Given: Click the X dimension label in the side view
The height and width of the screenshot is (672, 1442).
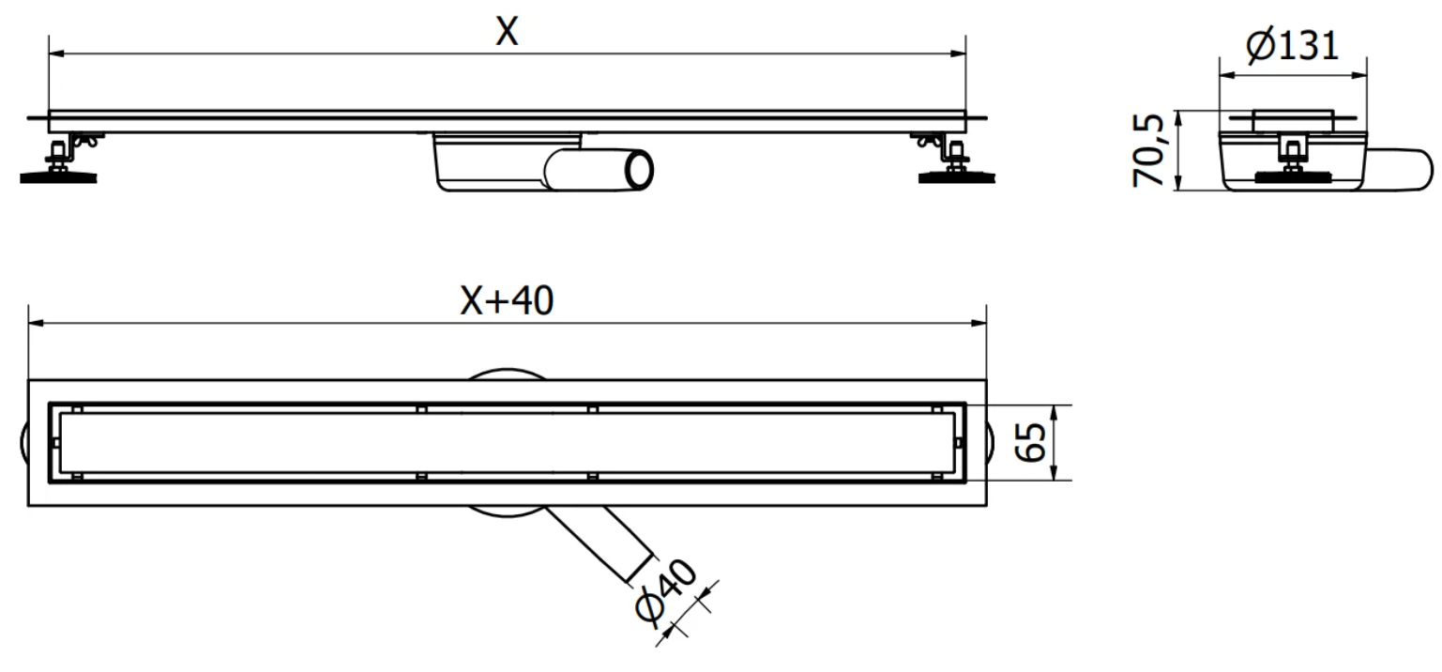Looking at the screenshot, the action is pyautogui.click(x=507, y=31).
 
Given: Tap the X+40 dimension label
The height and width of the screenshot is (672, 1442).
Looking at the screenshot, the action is pyautogui.click(x=507, y=300).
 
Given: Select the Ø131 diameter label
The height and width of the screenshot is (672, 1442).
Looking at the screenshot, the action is pyautogui.click(x=1293, y=46).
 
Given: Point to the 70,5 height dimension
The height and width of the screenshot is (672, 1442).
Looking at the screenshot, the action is pyautogui.click(x=1149, y=151).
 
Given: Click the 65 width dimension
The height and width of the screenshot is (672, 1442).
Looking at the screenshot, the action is pyautogui.click(x=1031, y=442).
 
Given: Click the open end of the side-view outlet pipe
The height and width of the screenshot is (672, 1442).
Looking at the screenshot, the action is pyautogui.click(x=640, y=170).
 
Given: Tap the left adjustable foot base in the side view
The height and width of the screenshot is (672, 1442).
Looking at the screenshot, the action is pyautogui.click(x=58, y=176).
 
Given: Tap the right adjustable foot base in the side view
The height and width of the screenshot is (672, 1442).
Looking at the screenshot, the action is pyautogui.click(x=957, y=176).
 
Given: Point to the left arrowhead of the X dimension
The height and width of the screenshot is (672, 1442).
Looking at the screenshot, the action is pyautogui.click(x=56, y=54).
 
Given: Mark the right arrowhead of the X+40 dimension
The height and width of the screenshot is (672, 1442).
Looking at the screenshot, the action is pyautogui.click(x=979, y=323).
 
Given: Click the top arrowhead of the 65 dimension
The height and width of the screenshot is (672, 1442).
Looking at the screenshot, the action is pyautogui.click(x=1054, y=414).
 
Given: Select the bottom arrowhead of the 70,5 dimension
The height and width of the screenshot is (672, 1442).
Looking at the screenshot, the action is pyautogui.click(x=1177, y=182).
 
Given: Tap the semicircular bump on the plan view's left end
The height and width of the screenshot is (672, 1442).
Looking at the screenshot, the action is pyautogui.click(x=23, y=442).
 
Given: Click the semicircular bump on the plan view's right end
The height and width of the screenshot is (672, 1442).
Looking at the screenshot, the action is pyautogui.click(x=991, y=442).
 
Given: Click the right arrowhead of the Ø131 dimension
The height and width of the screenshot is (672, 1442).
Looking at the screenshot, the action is pyautogui.click(x=1359, y=75).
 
